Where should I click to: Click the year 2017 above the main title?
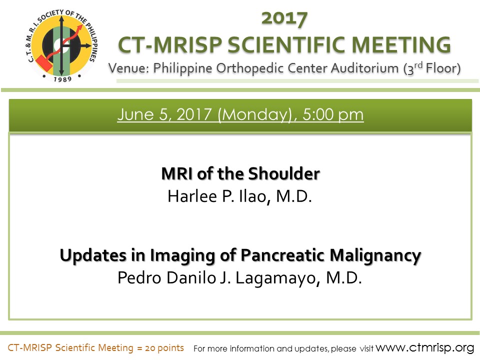coord(284,18)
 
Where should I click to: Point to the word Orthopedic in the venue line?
coord(250,68)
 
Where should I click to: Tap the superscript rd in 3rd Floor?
coord(418,64)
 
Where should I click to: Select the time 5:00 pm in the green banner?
coord(333,114)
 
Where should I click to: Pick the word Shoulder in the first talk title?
coord(284,173)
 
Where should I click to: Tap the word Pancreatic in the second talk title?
coord(282,255)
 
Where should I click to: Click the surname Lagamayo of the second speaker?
coord(278,278)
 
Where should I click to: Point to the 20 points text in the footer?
coord(164,348)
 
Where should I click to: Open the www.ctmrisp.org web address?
coord(425,348)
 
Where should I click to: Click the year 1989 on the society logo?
coord(62,79)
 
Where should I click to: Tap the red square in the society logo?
coord(43,63)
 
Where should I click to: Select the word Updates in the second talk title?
coord(93,255)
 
